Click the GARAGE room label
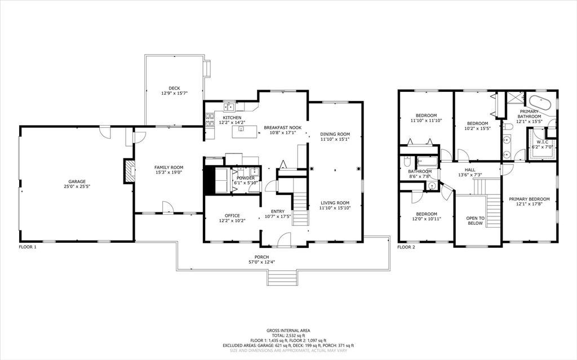(77, 181)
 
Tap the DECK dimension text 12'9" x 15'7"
(175, 93)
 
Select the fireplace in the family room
(128, 171)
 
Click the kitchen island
(245, 131)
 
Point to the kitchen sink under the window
(230, 106)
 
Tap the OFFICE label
(232, 216)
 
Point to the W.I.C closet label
(543, 142)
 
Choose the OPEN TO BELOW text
(475, 220)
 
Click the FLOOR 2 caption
(406, 247)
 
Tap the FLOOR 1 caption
(28, 247)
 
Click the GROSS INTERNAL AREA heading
(288, 331)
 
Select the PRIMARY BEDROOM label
(529, 199)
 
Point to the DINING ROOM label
(335, 134)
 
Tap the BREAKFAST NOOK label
(283, 128)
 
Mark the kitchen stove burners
(210, 120)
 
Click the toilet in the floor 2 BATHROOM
(407, 162)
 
